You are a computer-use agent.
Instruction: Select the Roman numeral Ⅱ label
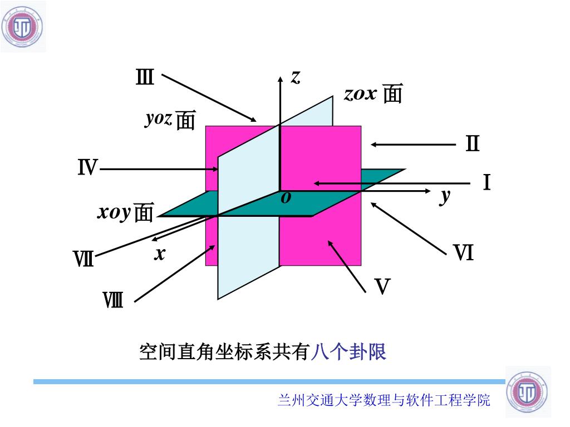click(x=473, y=144)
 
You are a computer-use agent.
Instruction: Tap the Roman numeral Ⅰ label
click(x=487, y=182)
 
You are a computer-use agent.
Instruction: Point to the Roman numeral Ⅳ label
click(x=87, y=167)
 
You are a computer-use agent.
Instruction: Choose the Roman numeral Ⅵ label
click(x=463, y=254)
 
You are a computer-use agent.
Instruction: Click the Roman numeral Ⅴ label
click(x=382, y=287)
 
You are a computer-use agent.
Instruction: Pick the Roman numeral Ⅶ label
click(x=83, y=259)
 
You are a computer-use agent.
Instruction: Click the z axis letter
click(x=296, y=77)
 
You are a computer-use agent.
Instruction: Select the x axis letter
click(x=160, y=254)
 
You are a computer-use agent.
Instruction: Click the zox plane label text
click(x=373, y=93)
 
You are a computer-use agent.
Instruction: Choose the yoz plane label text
click(x=170, y=120)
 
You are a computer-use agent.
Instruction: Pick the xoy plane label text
click(x=125, y=212)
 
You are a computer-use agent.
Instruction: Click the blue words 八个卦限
click(x=349, y=352)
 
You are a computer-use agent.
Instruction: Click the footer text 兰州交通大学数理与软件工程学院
click(x=384, y=400)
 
